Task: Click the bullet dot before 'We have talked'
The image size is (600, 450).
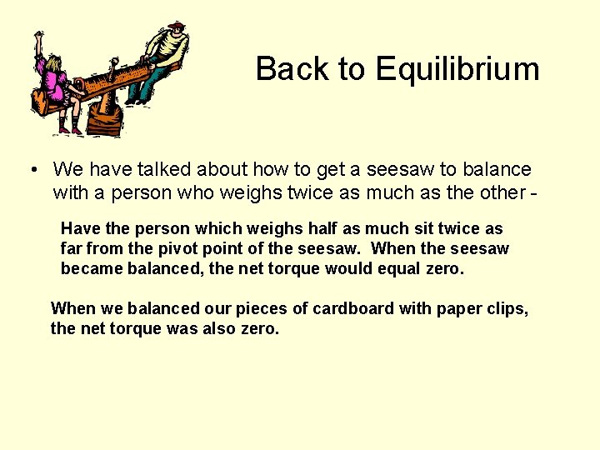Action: (x=30, y=171)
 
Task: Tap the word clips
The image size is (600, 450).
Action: (x=506, y=308)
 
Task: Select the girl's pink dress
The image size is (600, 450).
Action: (x=55, y=82)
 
